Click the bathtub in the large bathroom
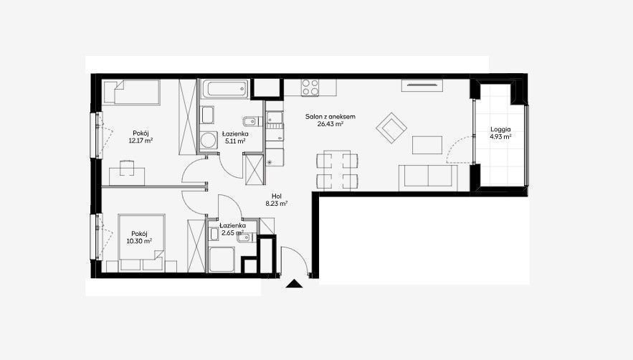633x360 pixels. (225, 89)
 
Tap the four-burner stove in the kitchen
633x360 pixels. (310, 87)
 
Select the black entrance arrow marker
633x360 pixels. (294, 284)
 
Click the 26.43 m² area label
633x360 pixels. (330, 124)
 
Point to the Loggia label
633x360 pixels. (500, 129)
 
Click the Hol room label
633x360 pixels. (277, 196)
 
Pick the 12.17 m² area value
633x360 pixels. (141, 141)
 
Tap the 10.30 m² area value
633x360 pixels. (139, 241)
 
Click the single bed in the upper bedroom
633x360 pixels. (131, 92)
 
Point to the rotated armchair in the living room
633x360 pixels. (391, 128)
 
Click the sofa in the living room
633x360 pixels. (428, 177)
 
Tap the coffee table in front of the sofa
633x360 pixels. (427, 145)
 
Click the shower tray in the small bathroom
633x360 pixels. (222, 259)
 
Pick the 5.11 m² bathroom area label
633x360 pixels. (236, 141)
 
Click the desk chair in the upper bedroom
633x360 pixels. (127, 168)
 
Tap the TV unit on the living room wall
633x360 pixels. (422, 85)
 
